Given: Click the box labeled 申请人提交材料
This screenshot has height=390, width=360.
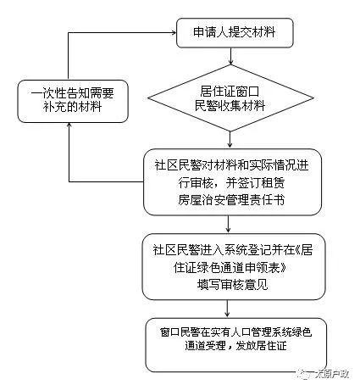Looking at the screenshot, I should click(x=234, y=34).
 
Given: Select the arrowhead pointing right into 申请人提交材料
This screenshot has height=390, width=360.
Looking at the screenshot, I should click(x=169, y=34).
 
